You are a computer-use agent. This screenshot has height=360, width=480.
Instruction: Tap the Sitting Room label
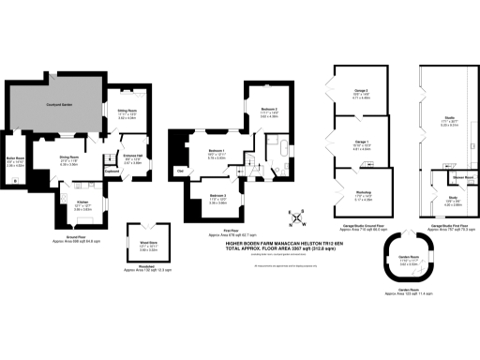(x=127, y=113)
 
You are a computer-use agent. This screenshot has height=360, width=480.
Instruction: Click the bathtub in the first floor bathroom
(x=281, y=150)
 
